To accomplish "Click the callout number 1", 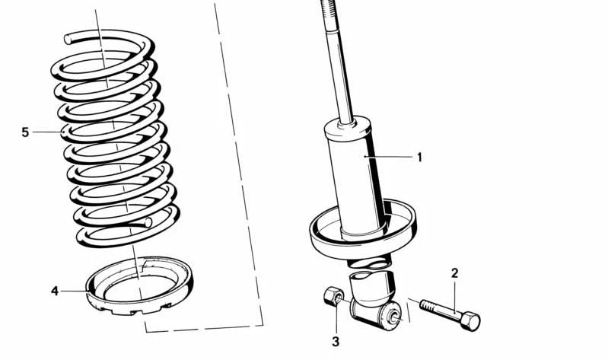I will pos(419,158).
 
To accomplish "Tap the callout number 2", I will pos(454,273).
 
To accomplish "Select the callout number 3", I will pos(335,342).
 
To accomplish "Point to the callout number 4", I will pos(54,290).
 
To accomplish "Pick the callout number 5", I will pos(25,132).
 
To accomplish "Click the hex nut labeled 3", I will pos(333,296).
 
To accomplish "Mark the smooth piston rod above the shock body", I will pos(341,76).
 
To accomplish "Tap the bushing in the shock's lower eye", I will pos(394,317).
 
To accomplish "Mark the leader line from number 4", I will pos(75,290).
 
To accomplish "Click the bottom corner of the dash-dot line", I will pos(146,331).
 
